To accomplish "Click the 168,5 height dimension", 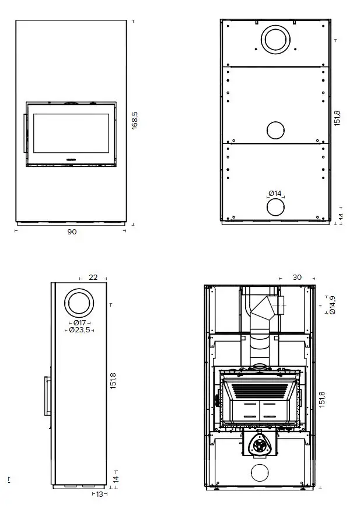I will (x=135, y=120).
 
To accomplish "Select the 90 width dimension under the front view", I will (x=72, y=231).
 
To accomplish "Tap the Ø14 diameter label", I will (x=275, y=194).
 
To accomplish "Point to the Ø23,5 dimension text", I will (x=79, y=330).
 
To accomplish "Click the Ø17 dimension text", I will (x=79, y=322).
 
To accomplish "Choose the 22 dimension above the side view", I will (x=93, y=278).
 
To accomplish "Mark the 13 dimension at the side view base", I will (x=99, y=494).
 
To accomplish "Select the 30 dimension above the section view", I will (x=297, y=278).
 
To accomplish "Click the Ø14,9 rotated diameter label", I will (x=332, y=304).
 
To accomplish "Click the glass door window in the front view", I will (x=71, y=135).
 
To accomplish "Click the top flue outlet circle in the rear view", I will (x=274, y=40).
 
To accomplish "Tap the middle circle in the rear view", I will (x=275, y=131).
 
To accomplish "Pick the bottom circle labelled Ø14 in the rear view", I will (x=275, y=207).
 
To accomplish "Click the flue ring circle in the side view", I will (x=79, y=303).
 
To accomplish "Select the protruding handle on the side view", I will (x=46, y=395).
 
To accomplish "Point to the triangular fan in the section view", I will (x=258, y=445).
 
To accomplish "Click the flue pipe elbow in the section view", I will (x=267, y=306).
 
